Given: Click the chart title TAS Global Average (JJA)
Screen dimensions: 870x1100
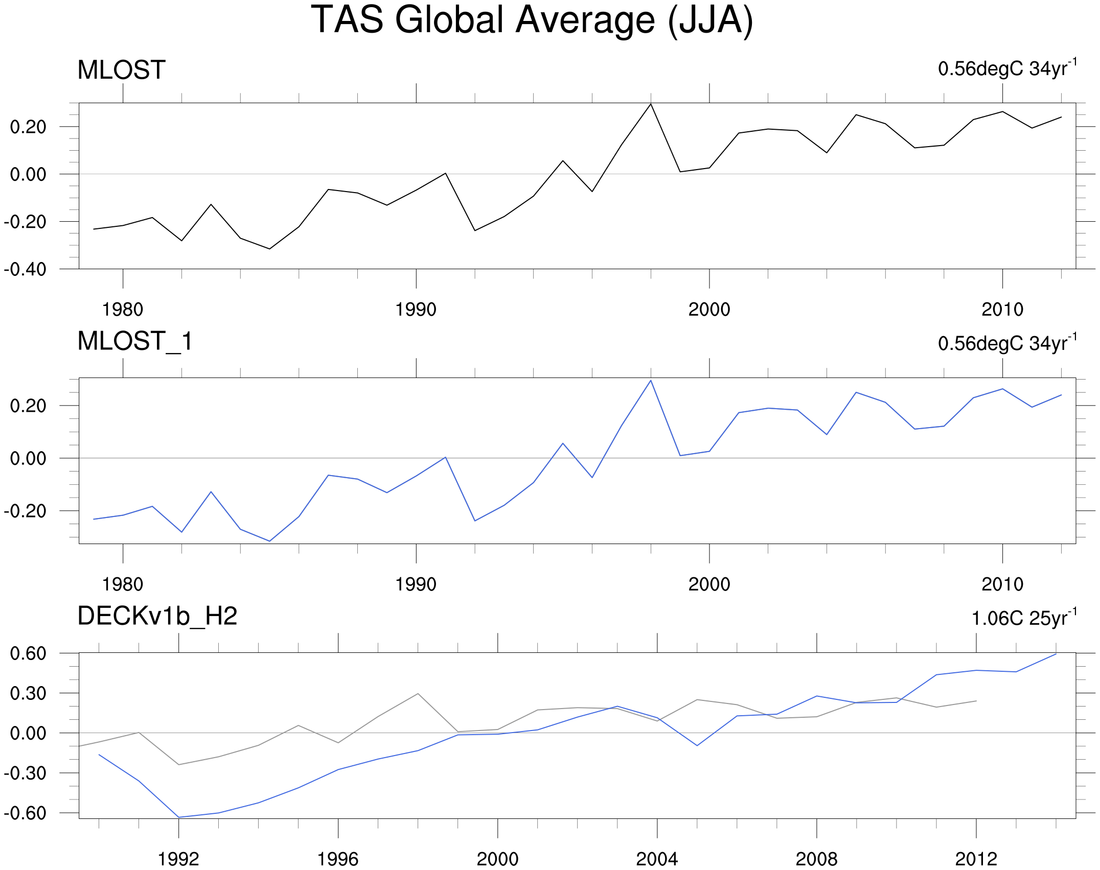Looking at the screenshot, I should (x=532, y=20).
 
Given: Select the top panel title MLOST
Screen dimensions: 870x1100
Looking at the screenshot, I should (x=121, y=70).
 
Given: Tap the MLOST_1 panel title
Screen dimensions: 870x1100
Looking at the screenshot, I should (x=135, y=341).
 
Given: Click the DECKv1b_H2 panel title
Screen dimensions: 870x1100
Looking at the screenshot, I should (x=157, y=616).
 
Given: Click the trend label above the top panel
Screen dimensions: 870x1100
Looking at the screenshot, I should (x=1007, y=68).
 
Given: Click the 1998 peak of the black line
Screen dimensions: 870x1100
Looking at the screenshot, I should (x=651, y=104).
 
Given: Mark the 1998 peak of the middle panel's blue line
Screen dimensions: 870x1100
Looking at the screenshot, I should (x=651, y=381).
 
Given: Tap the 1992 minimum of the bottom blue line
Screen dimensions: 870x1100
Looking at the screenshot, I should (x=179, y=817).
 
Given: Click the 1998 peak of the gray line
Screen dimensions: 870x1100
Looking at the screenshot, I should (x=418, y=694).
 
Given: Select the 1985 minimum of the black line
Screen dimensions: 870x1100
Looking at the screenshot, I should (x=269, y=249).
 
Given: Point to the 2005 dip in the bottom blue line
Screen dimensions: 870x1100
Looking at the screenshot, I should (x=697, y=745).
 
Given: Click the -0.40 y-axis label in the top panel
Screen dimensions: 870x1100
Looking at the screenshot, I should (x=25, y=269).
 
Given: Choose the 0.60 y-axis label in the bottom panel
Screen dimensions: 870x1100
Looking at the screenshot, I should (x=28, y=653).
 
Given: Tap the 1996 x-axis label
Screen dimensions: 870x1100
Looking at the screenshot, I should (x=338, y=859).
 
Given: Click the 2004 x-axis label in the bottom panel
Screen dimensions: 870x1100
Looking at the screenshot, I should (x=657, y=859).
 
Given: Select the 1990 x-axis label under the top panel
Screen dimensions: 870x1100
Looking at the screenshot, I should (x=416, y=310).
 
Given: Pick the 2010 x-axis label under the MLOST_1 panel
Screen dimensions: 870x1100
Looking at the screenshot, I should (x=1002, y=584).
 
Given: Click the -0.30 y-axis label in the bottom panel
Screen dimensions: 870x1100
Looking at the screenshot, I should (x=25, y=773).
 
